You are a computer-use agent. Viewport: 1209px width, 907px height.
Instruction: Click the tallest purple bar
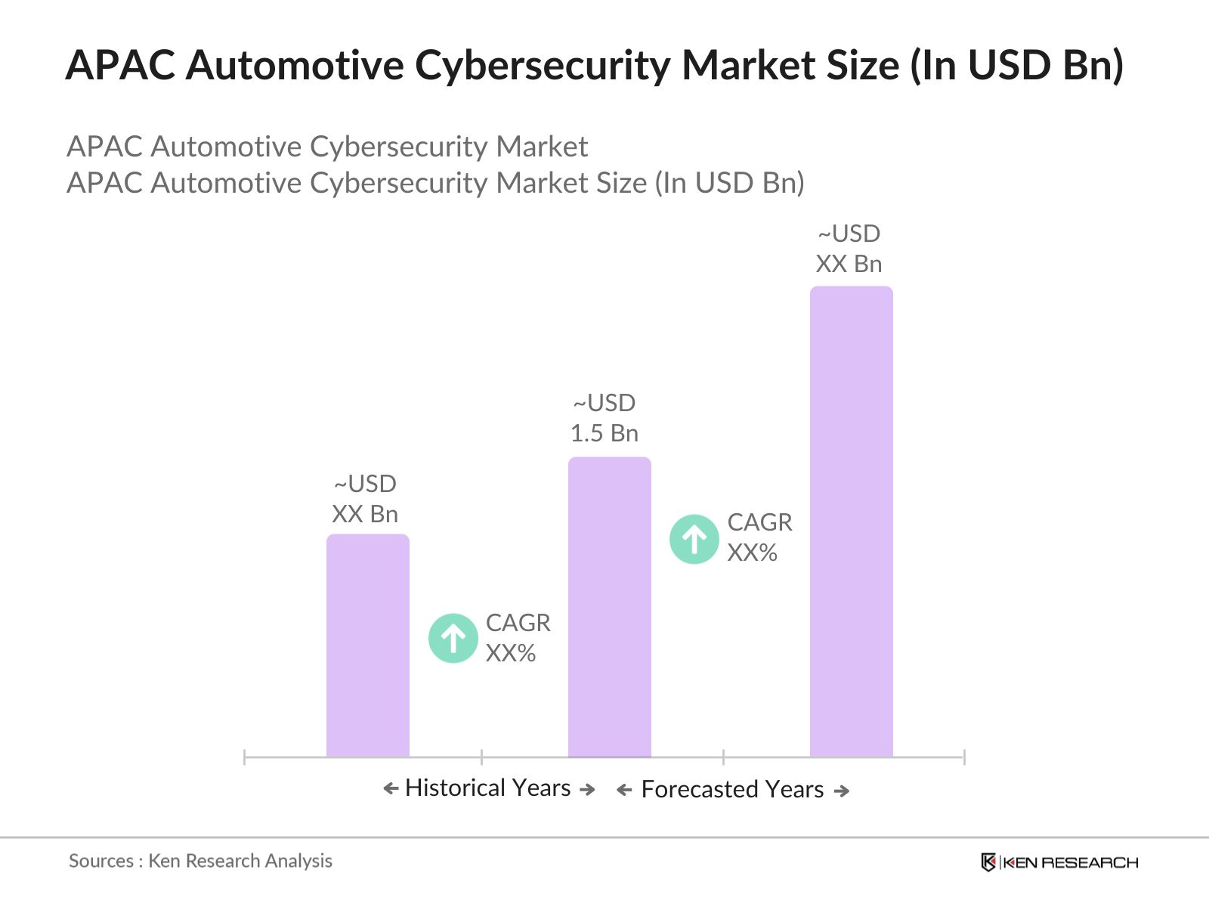[x=851, y=522]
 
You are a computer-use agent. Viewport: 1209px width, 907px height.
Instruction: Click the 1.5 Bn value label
[x=604, y=433]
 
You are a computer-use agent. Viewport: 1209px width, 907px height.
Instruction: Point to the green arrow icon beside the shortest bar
[x=453, y=638]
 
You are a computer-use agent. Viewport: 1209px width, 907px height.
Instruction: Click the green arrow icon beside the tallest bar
[x=694, y=539]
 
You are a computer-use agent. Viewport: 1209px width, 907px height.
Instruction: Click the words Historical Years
[x=487, y=788]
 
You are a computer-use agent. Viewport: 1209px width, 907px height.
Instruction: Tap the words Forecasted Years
[x=731, y=789]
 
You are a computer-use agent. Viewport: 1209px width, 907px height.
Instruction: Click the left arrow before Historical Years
[x=391, y=789]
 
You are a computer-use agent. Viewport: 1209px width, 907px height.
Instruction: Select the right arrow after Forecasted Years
[x=841, y=791]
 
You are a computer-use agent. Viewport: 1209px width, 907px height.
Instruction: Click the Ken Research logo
[x=1059, y=862]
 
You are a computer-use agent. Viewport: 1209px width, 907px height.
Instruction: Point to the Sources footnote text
[x=200, y=860]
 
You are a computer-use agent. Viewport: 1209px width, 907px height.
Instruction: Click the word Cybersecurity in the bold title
[x=542, y=65]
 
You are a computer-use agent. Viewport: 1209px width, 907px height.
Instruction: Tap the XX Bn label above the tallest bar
[x=849, y=264]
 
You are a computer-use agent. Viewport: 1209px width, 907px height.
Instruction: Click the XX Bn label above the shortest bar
[x=364, y=514]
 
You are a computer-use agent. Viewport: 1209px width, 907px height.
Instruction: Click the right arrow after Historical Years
[x=587, y=789]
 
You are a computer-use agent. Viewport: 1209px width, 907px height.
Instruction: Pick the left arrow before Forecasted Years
[x=624, y=791]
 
